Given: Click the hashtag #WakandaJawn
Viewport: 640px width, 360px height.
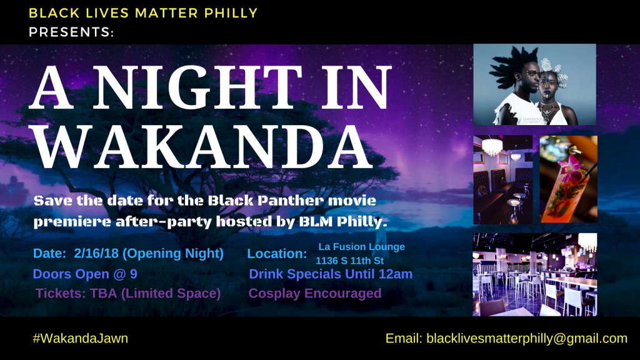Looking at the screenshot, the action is pyautogui.click(x=81, y=338).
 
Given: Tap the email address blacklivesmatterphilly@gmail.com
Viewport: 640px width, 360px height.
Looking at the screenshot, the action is pyautogui.click(x=527, y=338).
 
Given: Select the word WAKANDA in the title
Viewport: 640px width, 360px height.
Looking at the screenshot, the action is pyautogui.click(x=203, y=147).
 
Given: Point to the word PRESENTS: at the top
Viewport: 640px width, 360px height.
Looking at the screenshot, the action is pyautogui.click(x=71, y=32).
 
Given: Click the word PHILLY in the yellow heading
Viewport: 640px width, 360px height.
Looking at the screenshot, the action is pyautogui.click(x=231, y=13).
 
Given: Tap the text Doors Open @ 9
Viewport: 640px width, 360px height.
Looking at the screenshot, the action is pyautogui.click(x=85, y=274).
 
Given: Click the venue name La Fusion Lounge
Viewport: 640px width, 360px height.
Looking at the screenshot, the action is pyautogui.click(x=362, y=246).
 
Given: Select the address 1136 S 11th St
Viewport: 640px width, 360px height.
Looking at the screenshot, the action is pyautogui.click(x=350, y=261).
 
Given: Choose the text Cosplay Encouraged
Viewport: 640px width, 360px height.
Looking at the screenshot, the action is pyautogui.click(x=315, y=293).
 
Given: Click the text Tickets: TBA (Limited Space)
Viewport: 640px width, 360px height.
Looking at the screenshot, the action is pyautogui.click(x=128, y=293).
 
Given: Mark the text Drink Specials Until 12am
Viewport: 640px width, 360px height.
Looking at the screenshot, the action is pyautogui.click(x=331, y=274).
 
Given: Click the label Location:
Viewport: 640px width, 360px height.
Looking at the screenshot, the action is pyautogui.click(x=277, y=254).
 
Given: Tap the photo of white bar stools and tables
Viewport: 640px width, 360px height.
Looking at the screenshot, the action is pyautogui.click(x=535, y=274).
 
